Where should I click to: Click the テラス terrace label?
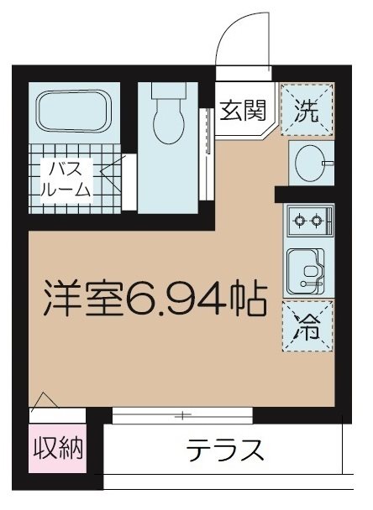tap(225, 450)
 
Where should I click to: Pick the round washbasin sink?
tap(308, 163)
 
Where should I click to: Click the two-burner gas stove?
tap(307, 223)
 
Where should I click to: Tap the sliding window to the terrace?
tap(181, 414)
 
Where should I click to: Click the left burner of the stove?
tap(298, 223)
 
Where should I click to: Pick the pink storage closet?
tap(58, 454)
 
